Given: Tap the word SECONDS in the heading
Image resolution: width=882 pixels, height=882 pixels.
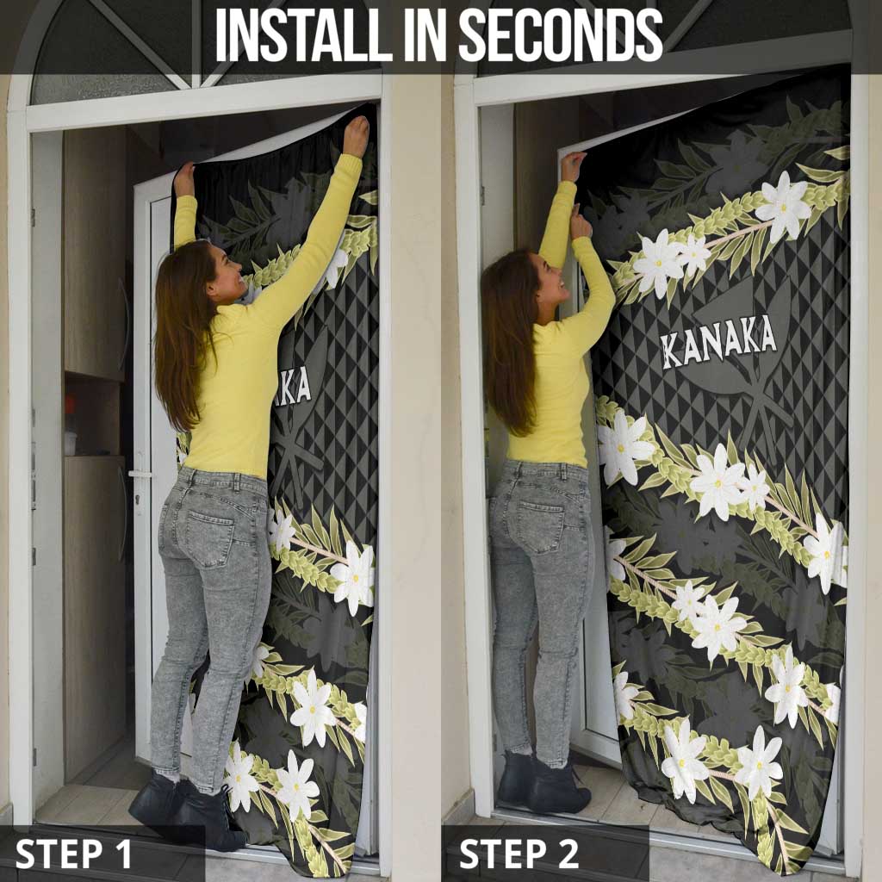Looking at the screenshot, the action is click(x=562, y=36).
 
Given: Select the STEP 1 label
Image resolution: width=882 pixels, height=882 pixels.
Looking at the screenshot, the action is click(x=74, y=854).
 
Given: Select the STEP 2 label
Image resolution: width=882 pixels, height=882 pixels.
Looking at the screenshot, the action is click(x=519, y=854).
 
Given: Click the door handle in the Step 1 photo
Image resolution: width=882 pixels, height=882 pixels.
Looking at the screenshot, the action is click(x=139, y=475).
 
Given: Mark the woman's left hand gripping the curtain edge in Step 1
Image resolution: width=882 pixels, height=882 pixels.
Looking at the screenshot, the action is click(x=184, y=179).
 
